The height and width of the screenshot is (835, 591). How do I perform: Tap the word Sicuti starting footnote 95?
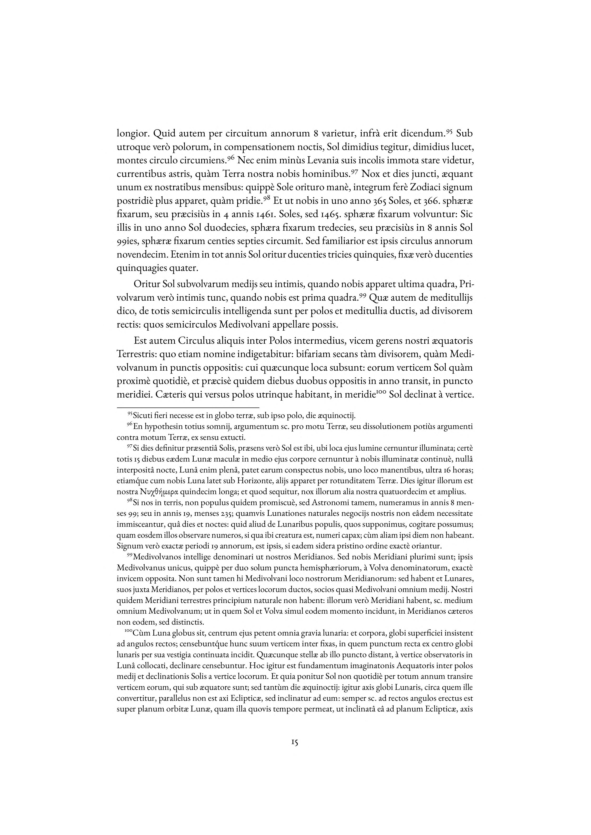click(143, 416)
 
